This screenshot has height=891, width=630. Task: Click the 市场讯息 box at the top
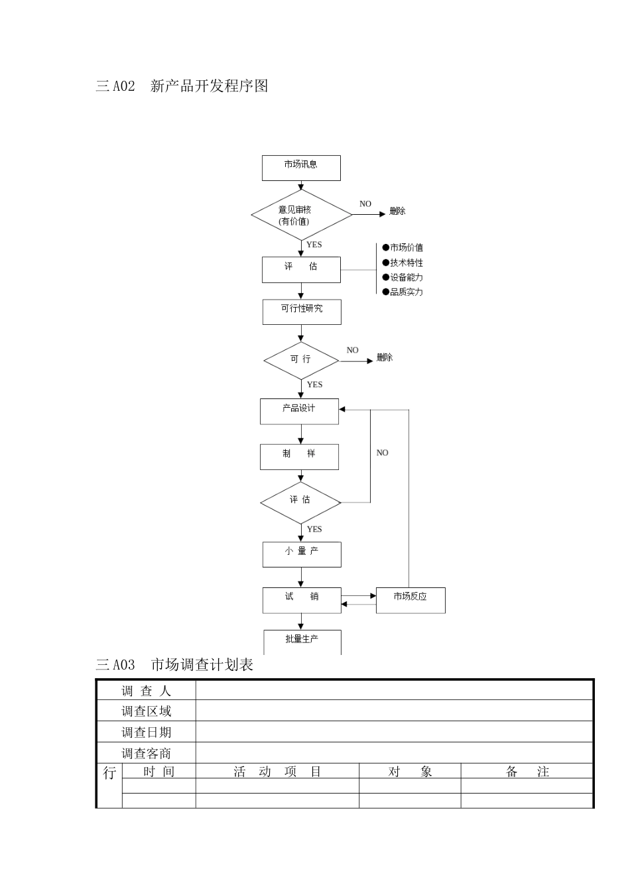tap(301, 168)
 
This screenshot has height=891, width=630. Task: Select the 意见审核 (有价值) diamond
tap(301, 215)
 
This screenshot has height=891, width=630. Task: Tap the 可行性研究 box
tap(302, 312)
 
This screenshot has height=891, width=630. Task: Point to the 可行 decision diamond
tap(301, 360)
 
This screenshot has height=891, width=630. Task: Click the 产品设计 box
tap(299, 411)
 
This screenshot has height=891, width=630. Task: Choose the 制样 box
tap(299, 456)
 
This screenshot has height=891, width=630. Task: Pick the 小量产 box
tap(302, 554)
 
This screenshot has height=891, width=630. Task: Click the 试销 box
tap(302, 599)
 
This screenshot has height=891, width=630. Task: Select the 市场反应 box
tap(410, 599)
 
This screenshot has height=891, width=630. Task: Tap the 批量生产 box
tap(302, 641)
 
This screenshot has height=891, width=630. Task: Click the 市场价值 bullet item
tap(403, 248)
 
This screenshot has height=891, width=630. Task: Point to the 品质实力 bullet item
tap(403, 292)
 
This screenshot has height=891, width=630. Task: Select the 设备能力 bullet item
tap(403, 277)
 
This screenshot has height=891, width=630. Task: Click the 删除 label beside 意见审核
tap(397, 211)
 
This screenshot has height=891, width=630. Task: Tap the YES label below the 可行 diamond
tap(314, 385)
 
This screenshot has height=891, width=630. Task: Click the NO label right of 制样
tap(383, 453)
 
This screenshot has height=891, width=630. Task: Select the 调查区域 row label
tap(147, 711)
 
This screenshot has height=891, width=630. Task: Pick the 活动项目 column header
tap(277, 771)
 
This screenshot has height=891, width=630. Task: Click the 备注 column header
tap(527, 771)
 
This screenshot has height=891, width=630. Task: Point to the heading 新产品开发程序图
tap(210, 86)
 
